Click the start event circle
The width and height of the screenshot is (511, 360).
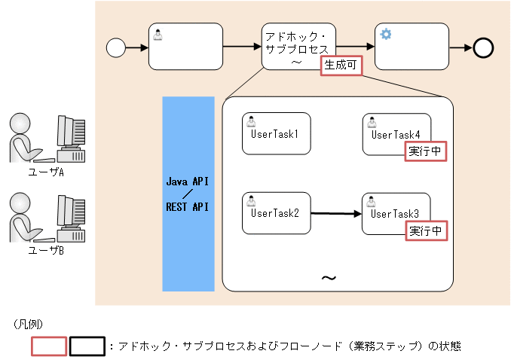coord(115,48)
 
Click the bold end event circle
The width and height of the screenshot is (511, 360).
coord(483,48)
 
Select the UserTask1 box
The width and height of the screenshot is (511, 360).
coord(276,133)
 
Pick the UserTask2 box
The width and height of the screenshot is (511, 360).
coord(276,213)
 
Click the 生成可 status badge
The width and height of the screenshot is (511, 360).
coord(341,66)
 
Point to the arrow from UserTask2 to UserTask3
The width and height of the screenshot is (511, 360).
coord(336,214)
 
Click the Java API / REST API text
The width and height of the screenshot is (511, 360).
coord(187,194)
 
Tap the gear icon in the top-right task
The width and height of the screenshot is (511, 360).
coord(386,34)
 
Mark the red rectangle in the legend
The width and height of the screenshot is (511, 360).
coord(49,346)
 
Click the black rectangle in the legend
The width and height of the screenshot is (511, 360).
coord(87,346)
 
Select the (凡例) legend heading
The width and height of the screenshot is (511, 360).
coord(29,324)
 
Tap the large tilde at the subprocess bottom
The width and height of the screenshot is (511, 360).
coord(329,278)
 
